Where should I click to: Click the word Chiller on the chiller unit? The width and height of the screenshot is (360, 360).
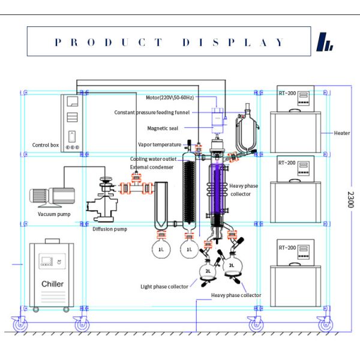tap(52, 283)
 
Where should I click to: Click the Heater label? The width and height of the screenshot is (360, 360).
tap(342, 133)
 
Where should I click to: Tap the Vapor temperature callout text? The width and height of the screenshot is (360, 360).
tap(160, 145)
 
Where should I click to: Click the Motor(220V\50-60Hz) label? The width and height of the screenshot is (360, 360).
tap(170, 97)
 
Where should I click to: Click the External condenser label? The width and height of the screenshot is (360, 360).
tap(148, 167)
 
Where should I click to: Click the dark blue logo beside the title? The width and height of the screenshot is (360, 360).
tap(324, 42)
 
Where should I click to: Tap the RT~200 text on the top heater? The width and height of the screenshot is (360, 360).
tap(287, 94)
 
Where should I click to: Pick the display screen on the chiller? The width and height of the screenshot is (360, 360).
tap(46, 261)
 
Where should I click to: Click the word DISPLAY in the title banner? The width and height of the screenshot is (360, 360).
tap(235, 43)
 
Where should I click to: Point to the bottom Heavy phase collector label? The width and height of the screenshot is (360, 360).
tap(236, 295)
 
